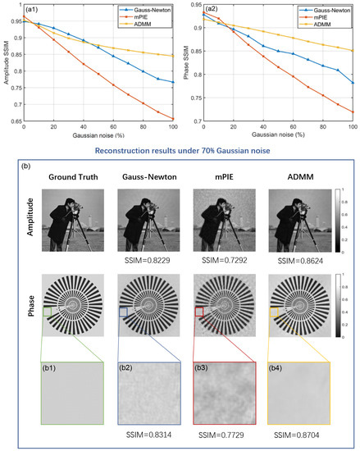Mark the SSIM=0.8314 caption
pyautogui.click(x=146, y=432)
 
